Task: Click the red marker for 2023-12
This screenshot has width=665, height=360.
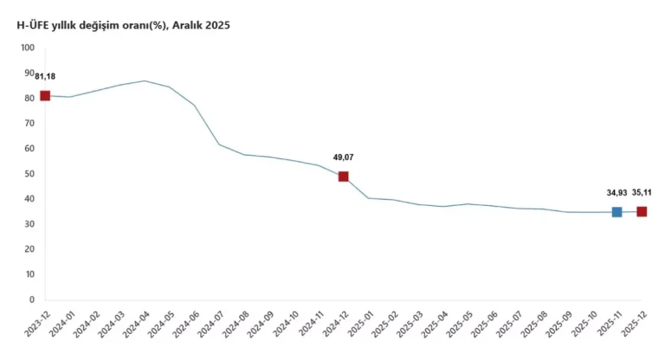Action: (45, 96)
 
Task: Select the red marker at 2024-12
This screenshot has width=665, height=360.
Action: (344, 177)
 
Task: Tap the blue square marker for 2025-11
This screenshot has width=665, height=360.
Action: (617, 212)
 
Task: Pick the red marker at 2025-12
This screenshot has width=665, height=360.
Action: (642, 212)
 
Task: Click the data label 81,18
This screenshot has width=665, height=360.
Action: (45, 77)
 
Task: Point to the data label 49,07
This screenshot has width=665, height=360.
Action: (344, 157)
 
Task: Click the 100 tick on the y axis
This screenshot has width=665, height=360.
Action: (27, 48)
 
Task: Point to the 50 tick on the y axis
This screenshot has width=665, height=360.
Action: (29, 174)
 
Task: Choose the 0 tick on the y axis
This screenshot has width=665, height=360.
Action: (31, 300)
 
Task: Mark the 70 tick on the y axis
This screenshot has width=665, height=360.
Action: (29, 124)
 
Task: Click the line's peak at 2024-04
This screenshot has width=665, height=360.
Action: (145, 81)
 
